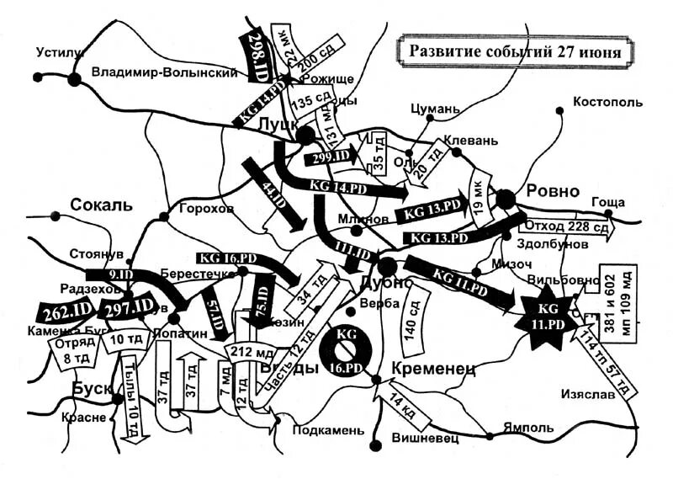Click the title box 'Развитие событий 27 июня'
click(515, 50)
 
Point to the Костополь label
click(607, 103)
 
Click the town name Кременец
click(434, 368)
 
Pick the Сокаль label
click(102, 205)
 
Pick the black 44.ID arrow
click(275, 193)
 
